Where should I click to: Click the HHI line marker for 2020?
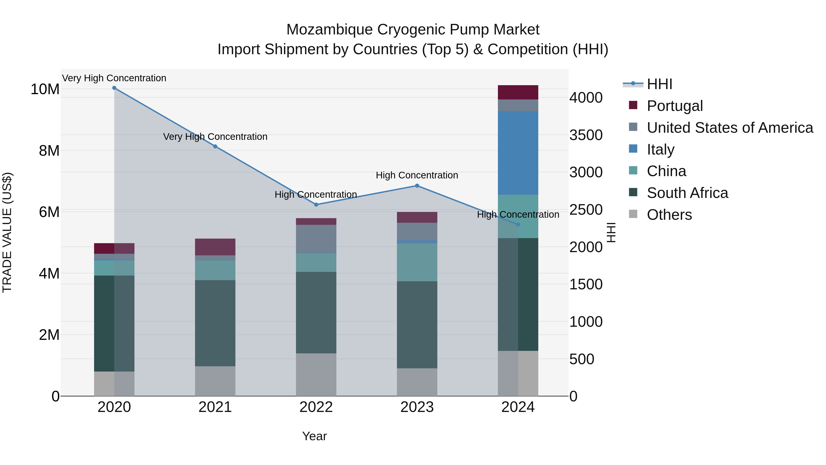[x=114, y=88]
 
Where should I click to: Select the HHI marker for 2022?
[x=316, y=204]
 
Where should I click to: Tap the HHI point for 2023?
[x=417, y=186]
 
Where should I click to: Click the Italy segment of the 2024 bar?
[x=518, y=153]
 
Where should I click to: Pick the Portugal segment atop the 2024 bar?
[x=518, y=92]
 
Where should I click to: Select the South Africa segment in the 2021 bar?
[x=215, y=323]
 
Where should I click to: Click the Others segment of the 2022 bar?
[x=316, y=375]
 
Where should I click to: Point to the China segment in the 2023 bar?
[x=417, y=262]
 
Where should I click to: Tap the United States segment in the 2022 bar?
[x=316, y=239]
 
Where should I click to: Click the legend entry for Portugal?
[x=675, y=106]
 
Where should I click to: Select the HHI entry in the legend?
[x=659, y=84]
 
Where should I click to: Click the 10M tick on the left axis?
[x=45, y=89]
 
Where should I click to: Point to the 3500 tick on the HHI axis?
[x=586, y=135]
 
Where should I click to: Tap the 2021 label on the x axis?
[x=215, y=407]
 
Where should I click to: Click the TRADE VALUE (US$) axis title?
[x=7, y=232]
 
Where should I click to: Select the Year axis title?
[x=314, y=436]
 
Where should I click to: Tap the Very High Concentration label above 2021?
[x=215, y=137]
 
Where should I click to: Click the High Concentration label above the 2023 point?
[x=417, y=175]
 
